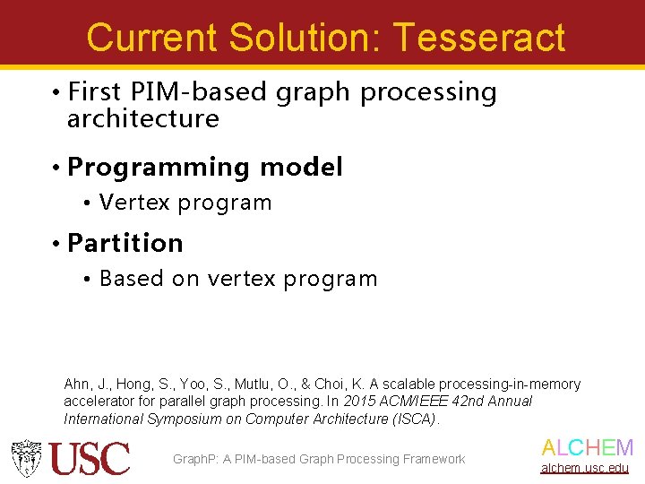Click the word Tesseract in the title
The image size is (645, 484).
pos(478,38)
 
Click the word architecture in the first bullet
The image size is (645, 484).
pos(143,119)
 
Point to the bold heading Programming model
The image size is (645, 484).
pos(205,168)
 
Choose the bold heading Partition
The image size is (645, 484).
pos(125,243)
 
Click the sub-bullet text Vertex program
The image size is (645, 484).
pos(185,203)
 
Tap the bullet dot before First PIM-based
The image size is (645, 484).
pos(56,93)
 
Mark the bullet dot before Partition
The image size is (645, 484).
pos(56,244)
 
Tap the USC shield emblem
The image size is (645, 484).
pos(26,458)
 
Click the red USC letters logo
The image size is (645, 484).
pos(90,459)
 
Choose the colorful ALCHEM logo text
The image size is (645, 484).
pos(587,448)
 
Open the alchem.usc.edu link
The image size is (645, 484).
pos(584,468)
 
